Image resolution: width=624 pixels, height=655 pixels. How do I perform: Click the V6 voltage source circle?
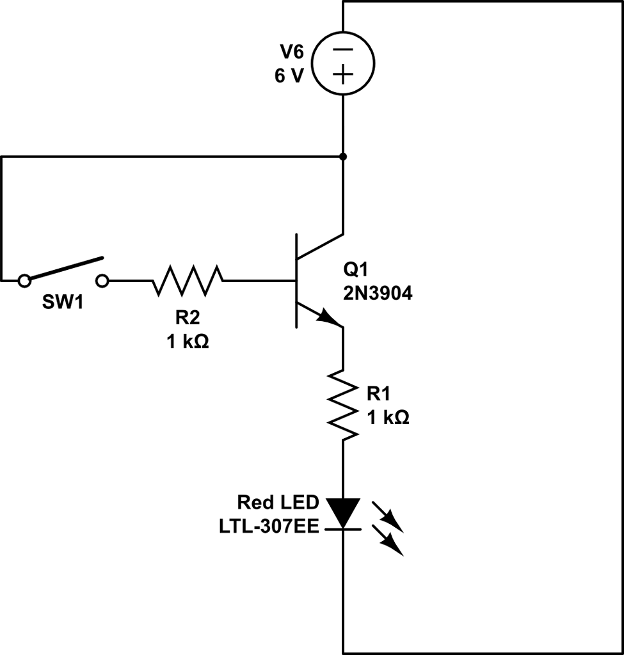[344, 62]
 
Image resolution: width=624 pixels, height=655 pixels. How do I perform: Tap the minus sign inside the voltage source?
[344, 49]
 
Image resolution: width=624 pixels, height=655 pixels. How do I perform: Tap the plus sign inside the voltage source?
[344, 75]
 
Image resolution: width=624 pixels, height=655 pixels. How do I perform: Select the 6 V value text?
[290, 76]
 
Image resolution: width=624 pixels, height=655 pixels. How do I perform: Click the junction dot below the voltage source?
[344, 156]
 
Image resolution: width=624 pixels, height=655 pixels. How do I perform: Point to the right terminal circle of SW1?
[102, 280]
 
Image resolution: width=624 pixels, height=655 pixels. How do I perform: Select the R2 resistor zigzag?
[188, 280]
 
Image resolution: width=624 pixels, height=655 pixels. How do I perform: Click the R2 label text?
[188, 319]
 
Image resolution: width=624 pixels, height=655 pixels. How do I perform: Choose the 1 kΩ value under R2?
[188, 342]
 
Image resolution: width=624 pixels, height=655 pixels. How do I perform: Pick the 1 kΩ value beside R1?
[388, 418]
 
